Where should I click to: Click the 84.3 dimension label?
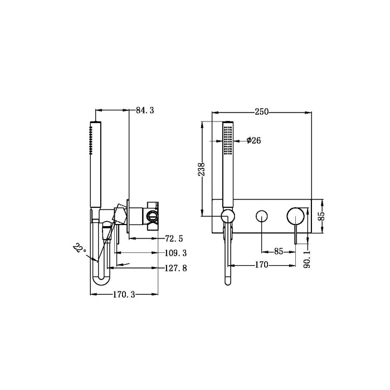[144, 111]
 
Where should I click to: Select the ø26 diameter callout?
[253, 140]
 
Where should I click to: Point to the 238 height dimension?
[202, 169]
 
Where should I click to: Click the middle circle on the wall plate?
[261, 216]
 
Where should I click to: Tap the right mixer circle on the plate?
[295, 216]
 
